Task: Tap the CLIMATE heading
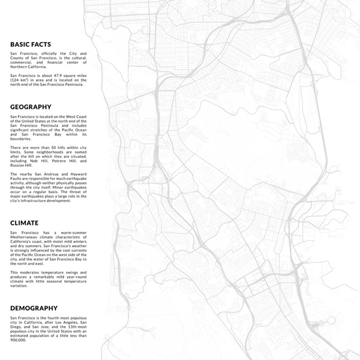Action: coord(24,223)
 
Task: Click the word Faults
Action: coord(18,178)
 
